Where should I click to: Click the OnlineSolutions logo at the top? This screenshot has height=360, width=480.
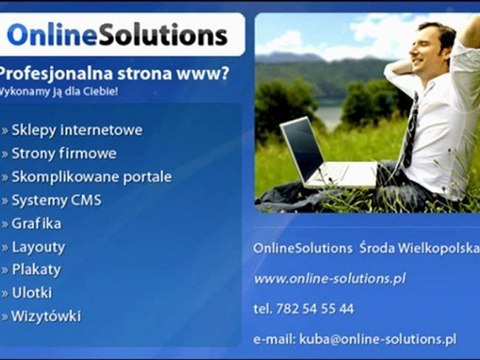point(117,36)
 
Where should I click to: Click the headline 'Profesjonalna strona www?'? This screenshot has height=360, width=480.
point(113,73)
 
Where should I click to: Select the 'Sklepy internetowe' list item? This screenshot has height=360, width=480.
point(77,130)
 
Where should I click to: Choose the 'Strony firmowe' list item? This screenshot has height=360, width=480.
point(64,153)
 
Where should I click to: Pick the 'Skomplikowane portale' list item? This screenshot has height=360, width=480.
point(91,176)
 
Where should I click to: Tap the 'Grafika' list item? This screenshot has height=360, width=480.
point(36,223)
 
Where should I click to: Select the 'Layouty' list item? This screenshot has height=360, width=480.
point(38,246)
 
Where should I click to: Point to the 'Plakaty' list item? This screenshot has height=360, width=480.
point(36,269)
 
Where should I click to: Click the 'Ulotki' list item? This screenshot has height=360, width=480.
point(32,293)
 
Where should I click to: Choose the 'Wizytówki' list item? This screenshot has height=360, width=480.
point(46,316)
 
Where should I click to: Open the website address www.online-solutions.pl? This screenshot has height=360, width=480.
point(328,278)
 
